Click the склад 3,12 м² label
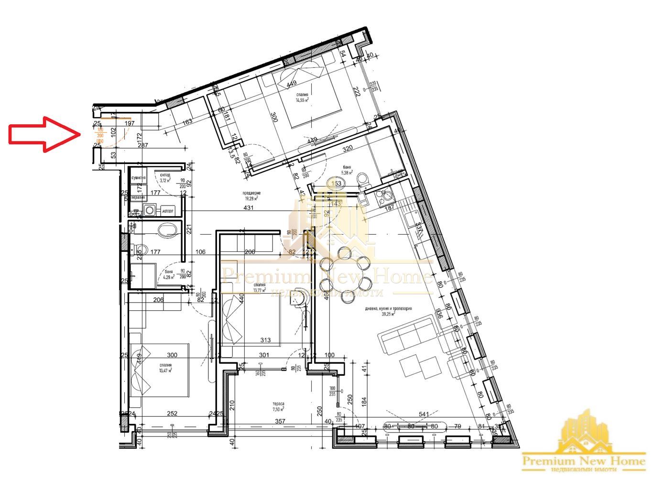165,178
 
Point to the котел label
168,211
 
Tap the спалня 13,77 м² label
260,287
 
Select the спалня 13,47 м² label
165,367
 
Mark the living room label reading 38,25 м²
388,311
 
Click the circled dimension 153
337,183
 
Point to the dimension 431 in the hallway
249,208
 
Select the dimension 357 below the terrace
280,421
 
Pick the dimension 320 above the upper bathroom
347,148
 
